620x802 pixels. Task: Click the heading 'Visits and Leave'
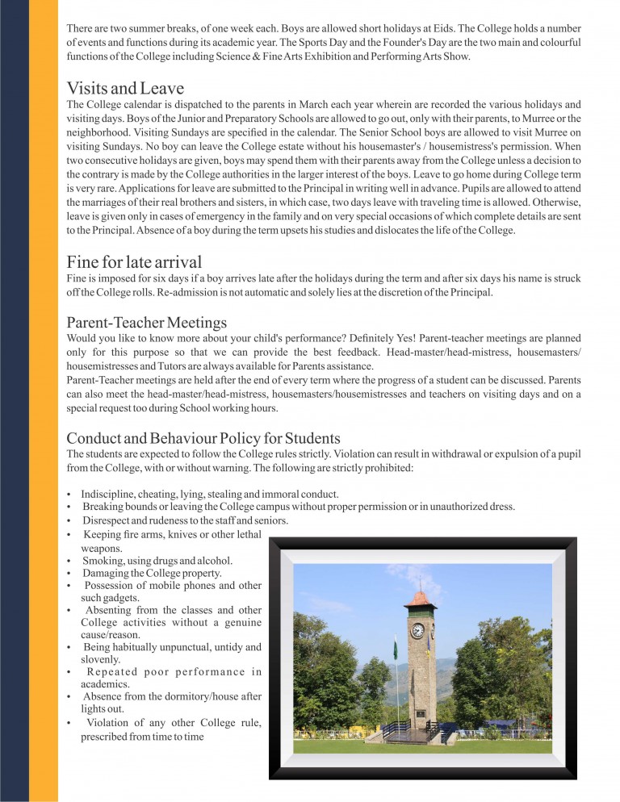click(x=125, y=88)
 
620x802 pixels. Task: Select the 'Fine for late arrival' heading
click(x=134, y=261)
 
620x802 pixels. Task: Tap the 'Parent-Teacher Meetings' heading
click(x=147, y=323)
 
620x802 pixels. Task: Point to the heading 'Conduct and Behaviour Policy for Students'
click(x=203, y=438)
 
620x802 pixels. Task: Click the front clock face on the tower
click(x=417, y=630)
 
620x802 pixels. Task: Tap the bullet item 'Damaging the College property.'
click(x=141, y=573)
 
